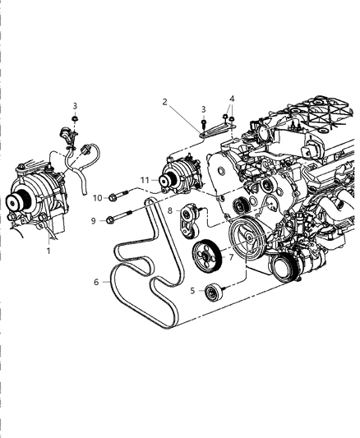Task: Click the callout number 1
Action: [x=48, y=251]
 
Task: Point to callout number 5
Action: [x=192, y=289]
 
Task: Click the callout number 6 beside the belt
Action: [x=96, y=282]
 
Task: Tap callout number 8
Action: [x=170, y=210]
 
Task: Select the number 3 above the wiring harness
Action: [x=75, y=106]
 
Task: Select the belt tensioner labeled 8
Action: [x=192, y=219]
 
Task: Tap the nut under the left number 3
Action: [x=75, y=120]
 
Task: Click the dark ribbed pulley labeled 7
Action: [x=206, y=257]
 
